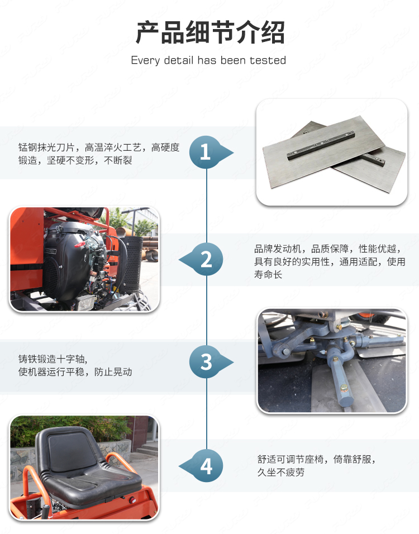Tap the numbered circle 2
point(206,259)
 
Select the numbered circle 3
point(206,361)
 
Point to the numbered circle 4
point(206,465)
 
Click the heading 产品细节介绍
point(210,32)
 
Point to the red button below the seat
point(132,500)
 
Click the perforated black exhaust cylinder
point(130,264)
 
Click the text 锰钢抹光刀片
point(46,148)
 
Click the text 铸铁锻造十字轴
point(51,359)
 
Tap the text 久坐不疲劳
point(280,473)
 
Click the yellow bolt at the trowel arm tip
point(344,388)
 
